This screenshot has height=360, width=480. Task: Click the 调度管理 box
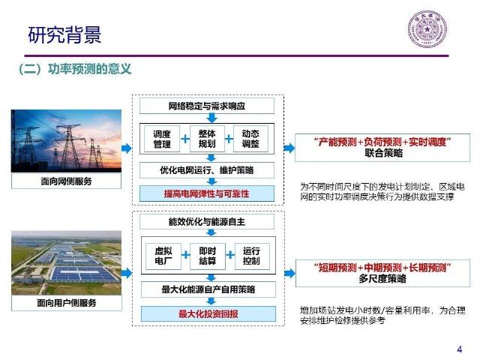[x=162, y=138]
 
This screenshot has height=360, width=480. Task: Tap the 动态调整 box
[x=251, y=138]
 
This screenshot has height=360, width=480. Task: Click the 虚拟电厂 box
[x=162, y=257]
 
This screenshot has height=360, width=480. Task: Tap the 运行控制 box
[x=251, y=257]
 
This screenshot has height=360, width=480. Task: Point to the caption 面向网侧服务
[x=67, y=181]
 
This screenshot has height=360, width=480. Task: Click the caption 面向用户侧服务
[x=67, y=302]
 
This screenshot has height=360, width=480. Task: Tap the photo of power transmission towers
[x=67, y=140]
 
